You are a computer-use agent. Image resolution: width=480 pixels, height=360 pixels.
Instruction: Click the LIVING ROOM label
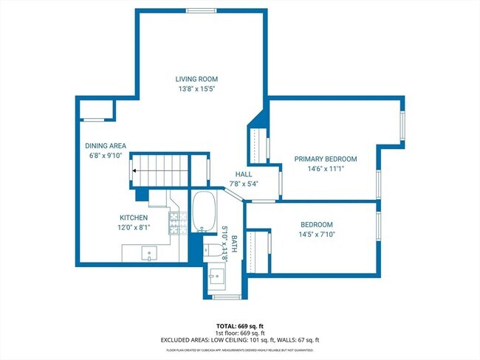coord(196,79)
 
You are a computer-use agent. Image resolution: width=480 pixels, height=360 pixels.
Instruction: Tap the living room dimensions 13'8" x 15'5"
coord(196,89)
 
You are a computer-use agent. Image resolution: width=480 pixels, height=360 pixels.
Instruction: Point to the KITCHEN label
coord(134,218)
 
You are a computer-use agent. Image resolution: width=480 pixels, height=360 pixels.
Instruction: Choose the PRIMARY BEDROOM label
coord(325,159)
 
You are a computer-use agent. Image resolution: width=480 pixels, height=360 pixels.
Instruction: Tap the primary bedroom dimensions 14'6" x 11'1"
coord(325,169)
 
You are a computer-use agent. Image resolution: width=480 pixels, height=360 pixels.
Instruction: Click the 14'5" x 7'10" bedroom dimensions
coord(316,235)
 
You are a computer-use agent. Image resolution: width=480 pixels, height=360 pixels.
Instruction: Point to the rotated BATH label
coord(233,244)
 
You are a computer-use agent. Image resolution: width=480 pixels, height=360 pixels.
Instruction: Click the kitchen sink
coord(151,253)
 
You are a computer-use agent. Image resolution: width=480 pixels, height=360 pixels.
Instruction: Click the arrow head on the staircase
coord(135,171)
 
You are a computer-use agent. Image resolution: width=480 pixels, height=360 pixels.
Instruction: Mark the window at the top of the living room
coord(196,10)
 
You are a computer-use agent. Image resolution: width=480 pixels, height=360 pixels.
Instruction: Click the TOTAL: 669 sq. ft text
coord(239,325)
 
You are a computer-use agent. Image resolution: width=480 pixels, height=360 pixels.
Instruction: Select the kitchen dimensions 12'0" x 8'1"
coord(134,228)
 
